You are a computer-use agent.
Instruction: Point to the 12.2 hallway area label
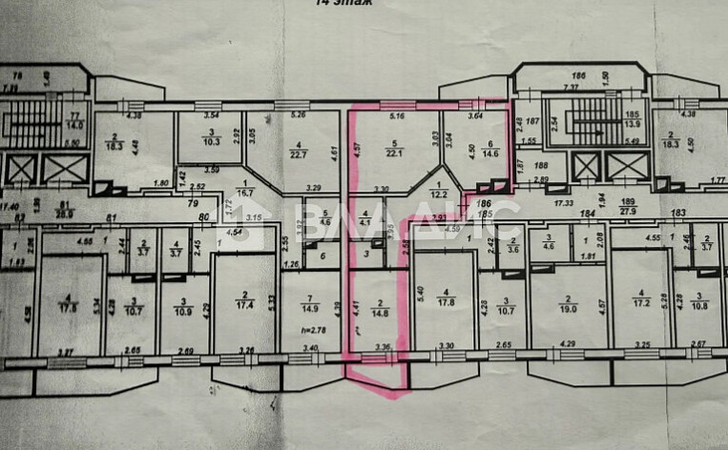438,194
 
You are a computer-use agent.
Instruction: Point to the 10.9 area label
183,311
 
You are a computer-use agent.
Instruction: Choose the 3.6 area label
513,248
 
